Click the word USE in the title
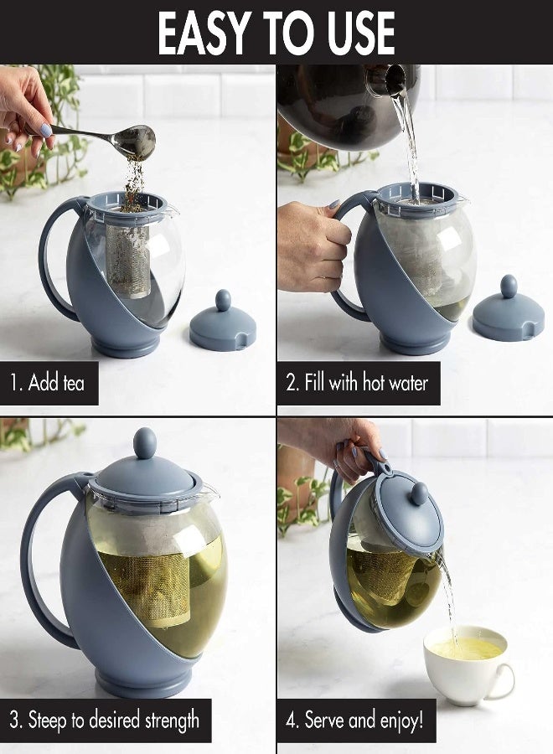click(x=352, y=33)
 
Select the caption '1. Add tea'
click(x=48, y=384)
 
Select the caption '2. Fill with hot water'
click(x=358, y=384)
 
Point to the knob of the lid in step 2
click(x=509, y=286)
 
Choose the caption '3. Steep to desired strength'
click(x=106, y=719)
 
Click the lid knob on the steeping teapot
click(x=145, y=442)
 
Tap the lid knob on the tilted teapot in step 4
click(x=419, y=493)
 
